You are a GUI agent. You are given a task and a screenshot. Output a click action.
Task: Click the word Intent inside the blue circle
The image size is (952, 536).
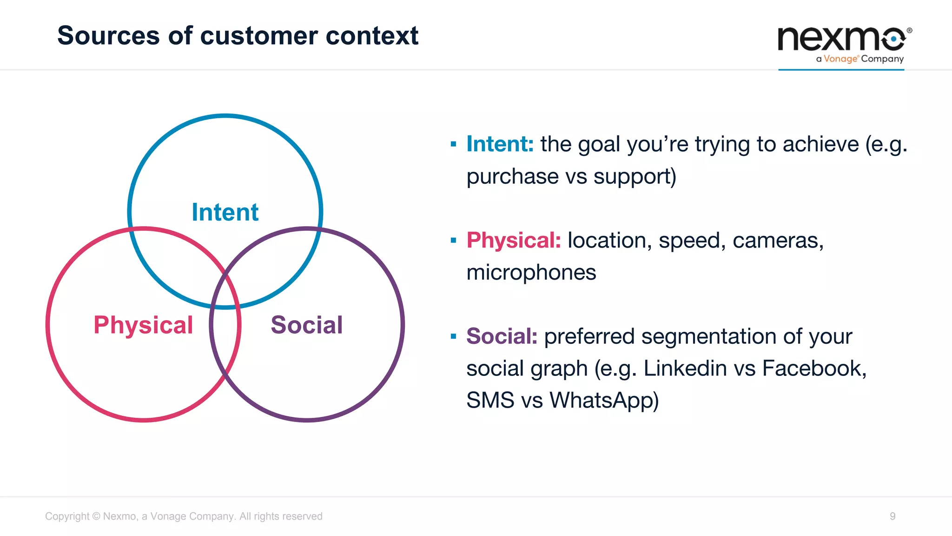tap(225, 212)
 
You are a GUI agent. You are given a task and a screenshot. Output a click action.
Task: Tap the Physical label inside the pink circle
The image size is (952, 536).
tap(143, 325)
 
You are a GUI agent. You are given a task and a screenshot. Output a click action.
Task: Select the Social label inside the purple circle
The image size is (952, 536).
tap(307, 325)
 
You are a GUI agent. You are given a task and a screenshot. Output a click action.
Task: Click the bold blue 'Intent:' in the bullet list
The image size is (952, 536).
tap(500, 144)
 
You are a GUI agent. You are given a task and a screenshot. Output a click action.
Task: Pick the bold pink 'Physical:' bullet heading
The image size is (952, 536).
tap(514, 240)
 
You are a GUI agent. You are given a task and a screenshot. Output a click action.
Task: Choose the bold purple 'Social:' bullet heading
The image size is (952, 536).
tap(502, 336)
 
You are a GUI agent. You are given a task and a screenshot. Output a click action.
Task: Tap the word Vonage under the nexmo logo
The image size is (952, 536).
tap(840, 59)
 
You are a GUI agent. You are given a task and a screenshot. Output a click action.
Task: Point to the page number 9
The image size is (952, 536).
tap(892, 516)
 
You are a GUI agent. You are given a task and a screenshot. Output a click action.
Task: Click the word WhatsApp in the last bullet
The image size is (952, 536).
tap(604, 400)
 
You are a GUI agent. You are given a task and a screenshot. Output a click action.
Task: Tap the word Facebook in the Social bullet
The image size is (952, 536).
tap(813, 368)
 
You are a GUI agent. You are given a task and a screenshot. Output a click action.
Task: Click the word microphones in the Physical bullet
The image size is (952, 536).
tap(531, 272)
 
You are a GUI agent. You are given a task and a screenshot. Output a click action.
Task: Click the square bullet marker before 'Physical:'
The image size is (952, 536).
tap(453, 241)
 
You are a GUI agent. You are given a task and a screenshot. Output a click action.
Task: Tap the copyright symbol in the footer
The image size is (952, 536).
tap(96, 516)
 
